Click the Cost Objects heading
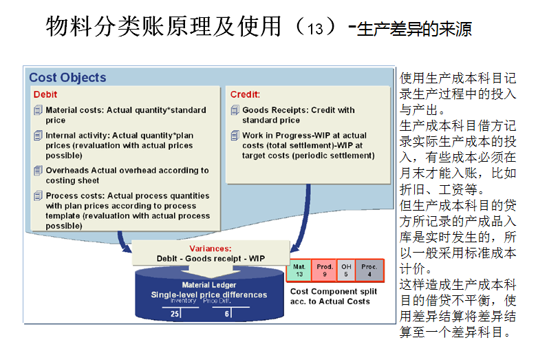(67, 78)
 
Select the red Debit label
(45, 94)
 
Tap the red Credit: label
(245, 94)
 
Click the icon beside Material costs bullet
(38, 110)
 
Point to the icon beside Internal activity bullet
(38, 136)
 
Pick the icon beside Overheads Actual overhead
(38, 170)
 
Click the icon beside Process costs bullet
(38, 196)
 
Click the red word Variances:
(210, 248)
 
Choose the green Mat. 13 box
(299, 270)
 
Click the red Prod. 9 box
(324, 270)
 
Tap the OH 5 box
(346, 270)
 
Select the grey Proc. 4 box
(369, 270)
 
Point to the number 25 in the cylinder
(175, 313)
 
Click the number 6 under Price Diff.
(227, 313)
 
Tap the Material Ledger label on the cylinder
(208, 285)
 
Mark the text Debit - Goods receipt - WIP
(210, 258)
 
